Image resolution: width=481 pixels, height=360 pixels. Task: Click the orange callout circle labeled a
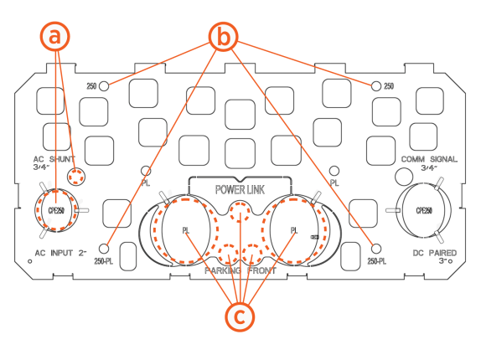pos(55,37)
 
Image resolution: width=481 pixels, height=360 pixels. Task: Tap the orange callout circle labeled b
pos(223,37)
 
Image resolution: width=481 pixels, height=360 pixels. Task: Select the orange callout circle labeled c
pos(240,316)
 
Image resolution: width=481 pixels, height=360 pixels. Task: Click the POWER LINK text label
pos(240,190)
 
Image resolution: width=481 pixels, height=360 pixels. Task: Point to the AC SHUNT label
pos(54,159)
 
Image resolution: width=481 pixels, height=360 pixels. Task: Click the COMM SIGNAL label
pos(429,159)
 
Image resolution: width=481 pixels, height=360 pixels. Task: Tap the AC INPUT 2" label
pos(60,253)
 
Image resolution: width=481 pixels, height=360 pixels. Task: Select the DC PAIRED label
pos(435,253)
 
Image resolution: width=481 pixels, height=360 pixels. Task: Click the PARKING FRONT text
pos(240,270)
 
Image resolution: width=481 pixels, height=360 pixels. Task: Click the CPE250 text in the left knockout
pos(56,211)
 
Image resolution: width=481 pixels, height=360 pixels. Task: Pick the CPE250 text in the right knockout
pos(424,211)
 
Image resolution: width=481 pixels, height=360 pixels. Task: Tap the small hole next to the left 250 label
pos(104,86)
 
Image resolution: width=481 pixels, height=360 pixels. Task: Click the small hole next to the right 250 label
pos(376,86)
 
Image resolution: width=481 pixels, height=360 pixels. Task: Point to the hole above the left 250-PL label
pos(104,249)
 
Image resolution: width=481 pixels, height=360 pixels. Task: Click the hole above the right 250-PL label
pos(376,249)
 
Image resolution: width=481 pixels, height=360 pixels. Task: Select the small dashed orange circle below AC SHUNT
pos(75,177)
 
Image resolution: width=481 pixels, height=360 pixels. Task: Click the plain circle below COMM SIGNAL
pos(404,177)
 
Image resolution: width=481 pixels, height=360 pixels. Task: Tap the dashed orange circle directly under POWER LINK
pos(240,212)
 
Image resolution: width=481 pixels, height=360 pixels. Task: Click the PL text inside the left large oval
pos(185,230)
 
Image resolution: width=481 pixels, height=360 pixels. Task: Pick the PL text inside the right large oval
pos(294,230)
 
